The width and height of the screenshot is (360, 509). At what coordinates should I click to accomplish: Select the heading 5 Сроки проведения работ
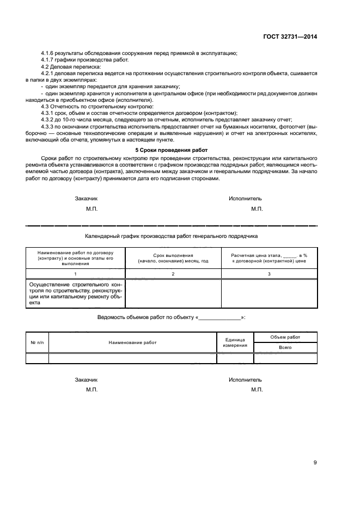coord(171,150)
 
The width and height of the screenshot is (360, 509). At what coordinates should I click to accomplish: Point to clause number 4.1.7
coord(50,59)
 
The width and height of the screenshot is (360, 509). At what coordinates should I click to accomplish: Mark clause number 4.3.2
coord(50,120)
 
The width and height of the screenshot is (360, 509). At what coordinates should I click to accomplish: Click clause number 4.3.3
coord(50,126)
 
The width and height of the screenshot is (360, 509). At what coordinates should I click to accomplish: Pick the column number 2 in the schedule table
coord(173,274)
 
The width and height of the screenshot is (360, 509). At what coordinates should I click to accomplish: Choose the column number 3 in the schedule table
coord(269,274)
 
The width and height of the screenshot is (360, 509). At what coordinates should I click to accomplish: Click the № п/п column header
coord(37,342)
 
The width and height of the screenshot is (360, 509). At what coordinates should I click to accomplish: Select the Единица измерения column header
coord(235,342)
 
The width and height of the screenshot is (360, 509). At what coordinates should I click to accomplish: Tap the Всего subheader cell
coord(285,347)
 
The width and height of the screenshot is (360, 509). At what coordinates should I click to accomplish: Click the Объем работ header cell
coord(285,338)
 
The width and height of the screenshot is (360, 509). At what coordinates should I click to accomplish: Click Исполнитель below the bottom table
coord(245,380)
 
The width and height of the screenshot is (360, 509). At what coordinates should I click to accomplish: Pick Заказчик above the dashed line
coord(86,199)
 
